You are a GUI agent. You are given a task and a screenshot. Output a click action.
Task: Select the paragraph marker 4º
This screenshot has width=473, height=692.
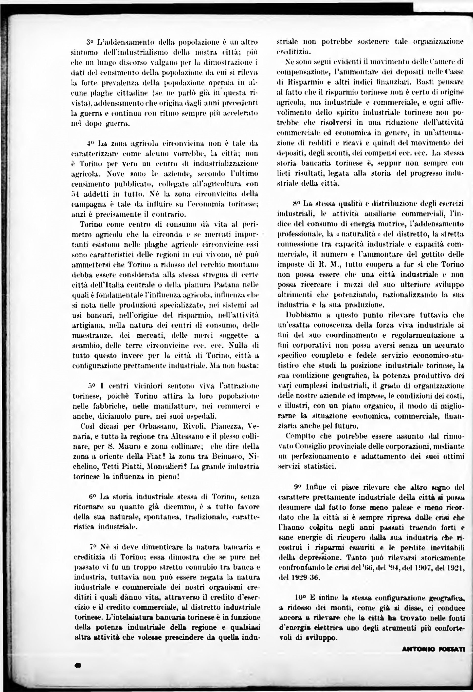(x=90, y=144)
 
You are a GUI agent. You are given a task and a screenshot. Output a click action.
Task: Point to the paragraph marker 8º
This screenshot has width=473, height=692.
(x=297, y=204)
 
